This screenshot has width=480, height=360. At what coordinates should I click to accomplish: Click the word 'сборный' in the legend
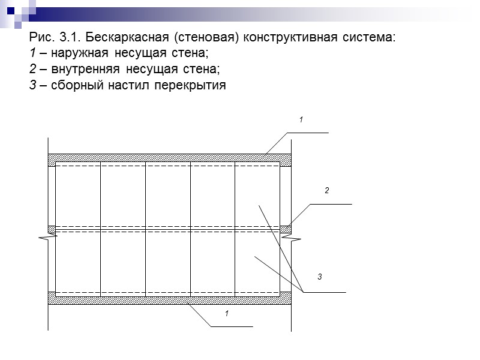coord(75,85)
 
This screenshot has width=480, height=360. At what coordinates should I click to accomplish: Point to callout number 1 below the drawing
coord(227,314)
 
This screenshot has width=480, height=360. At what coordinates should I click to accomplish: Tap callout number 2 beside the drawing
coord(327,191)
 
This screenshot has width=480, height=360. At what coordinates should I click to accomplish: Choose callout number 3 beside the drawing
coord(320,277)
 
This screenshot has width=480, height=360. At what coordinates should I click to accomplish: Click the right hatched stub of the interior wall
coord(286,229)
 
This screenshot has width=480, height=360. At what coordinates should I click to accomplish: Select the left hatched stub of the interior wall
coord(52,229)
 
